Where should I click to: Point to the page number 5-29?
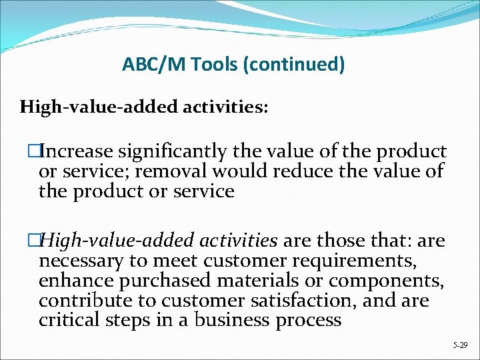[x=459, y=345]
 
